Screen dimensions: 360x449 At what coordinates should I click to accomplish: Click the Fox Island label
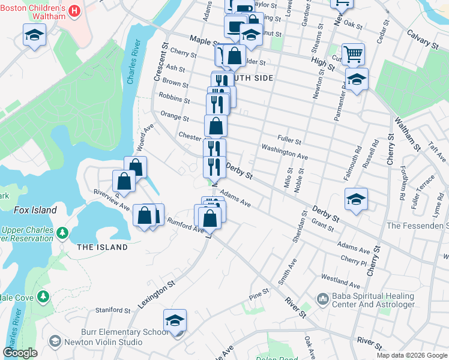[37, 211]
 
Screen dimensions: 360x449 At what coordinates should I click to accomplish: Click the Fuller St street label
[289, 140]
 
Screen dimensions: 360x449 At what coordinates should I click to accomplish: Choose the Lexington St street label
[156, 293]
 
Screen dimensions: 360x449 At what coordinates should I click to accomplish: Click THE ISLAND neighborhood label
[103, 247]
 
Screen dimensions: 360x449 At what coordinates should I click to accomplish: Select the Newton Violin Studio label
[104, 343]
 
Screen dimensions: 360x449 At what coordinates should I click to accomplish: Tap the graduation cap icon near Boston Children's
[35, 35]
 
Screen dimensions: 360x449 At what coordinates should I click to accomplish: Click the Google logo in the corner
[20, 353]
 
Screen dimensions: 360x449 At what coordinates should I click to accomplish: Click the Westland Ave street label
[340, 280]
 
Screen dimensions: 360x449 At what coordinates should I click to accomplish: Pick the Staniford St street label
[113, 310]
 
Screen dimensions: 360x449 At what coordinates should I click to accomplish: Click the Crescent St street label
[160, 62]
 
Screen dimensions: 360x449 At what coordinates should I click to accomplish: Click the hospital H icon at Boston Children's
[74, 11]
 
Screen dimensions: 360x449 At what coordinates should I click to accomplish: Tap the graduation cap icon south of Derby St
[356, 199]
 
